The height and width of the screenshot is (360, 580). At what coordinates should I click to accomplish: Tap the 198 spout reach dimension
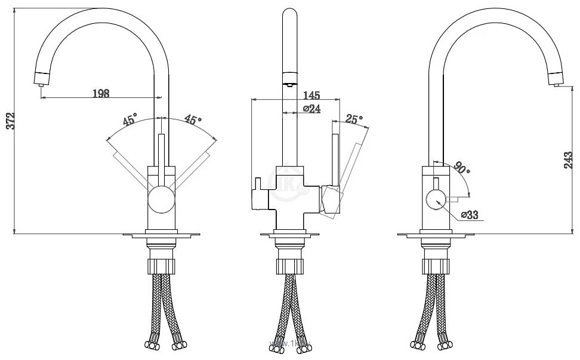point(101,93)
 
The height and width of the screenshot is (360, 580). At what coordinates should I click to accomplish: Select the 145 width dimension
point(311,95)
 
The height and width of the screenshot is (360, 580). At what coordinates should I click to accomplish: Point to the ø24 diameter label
point(312,109)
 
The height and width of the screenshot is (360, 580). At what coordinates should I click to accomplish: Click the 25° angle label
point(354,119)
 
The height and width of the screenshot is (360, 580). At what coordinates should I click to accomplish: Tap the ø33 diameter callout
point(469,216)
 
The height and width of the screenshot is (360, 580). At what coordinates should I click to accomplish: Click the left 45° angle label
point(130,119)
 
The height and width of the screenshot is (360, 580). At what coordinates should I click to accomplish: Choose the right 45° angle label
point(191,119)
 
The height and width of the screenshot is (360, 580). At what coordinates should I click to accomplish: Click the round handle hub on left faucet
point(161,199)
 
